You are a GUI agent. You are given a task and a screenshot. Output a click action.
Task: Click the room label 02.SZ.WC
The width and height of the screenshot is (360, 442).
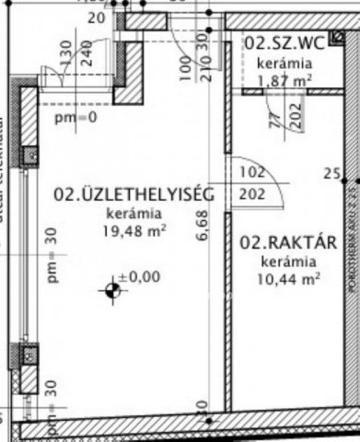pos(284,43)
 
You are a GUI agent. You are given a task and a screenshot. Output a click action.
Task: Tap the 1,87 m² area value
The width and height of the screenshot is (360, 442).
pos(284,80)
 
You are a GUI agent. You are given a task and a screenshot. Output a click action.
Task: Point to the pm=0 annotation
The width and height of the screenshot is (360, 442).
pos(74,118)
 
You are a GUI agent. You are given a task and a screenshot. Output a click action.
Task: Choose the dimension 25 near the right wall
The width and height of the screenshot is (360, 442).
pos(332,173)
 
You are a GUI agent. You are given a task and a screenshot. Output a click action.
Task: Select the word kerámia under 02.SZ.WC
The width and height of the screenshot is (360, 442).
pos(284,64)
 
